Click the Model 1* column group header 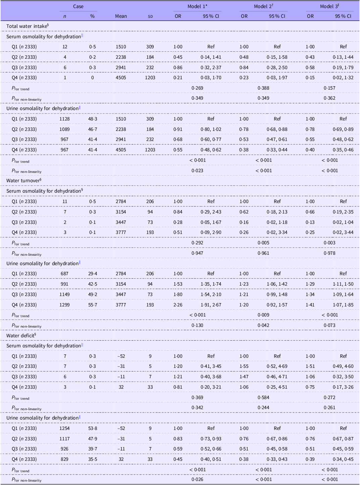pyautogui.click(x=197, y=6)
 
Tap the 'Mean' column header pyautogui.click(x=121, y=16)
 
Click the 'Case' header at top pyautogui.click(x=78, y=6)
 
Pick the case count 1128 pyautogui.click(x=65, y=119)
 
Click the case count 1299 pyautogui.click(x=65, y=305)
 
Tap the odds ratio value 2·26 pyautogui.click(x=178, y=305)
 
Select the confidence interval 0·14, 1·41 pyautogui.click(x=211, y=57)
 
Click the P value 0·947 pyautogui.click(x=197, y=253)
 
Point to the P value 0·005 pyautogui.click(x=263, y=243)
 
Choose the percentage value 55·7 pyautogui.click(x=92, y=305)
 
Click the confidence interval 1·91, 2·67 pyautogui.click(x=211, y=305)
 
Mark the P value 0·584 pyautogui.click(x=263, y=397)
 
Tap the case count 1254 pyautogui.click(x=65, y=428)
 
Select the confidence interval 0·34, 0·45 pyautogui.click(x=343, y=459)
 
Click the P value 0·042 pyautogui.click(x=263, y=325)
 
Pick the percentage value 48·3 pyautogui.click(x=92, y=119)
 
